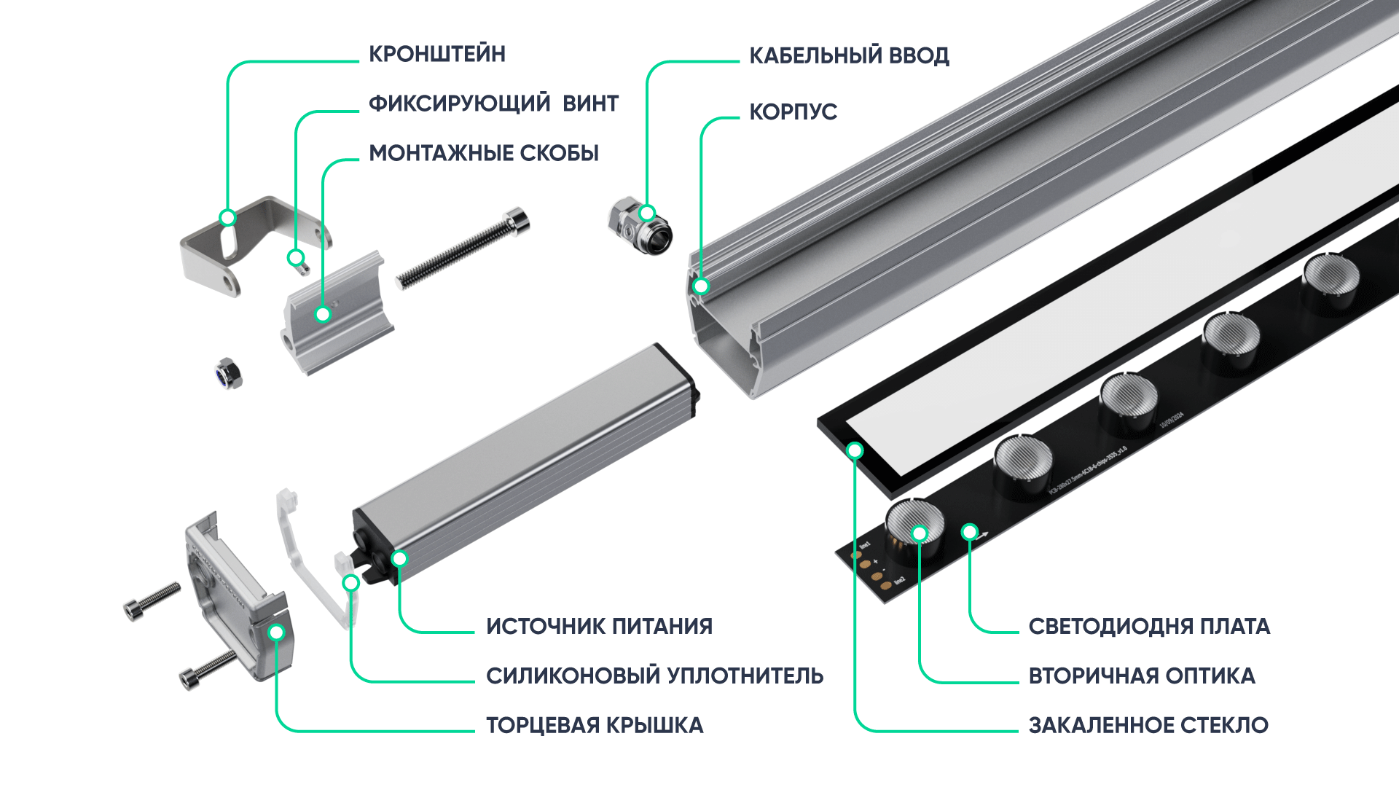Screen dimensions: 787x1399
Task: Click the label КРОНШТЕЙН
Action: click(x=436, y=55)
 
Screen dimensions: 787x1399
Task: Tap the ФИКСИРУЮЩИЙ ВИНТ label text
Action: click(x=493, y=104)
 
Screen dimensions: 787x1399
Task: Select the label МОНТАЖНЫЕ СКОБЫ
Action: click(x=484, y=154)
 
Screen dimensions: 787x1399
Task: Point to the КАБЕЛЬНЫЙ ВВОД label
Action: click(x=849, y=56)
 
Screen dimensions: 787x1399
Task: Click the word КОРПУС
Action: click(x=793, y=112)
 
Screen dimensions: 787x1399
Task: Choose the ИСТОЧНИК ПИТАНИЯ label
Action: click(x=599, y=627)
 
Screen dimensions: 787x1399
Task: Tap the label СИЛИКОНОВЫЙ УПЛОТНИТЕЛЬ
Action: click(x=654, y=676)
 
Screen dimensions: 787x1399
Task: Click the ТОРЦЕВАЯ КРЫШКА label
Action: click(x=595, y=726)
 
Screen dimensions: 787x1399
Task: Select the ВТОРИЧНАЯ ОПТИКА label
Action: click(x=1141, y=676)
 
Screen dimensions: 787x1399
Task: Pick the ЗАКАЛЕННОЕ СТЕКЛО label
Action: click(x=1148, y=726)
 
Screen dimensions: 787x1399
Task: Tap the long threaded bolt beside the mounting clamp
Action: click(x=463, y=248)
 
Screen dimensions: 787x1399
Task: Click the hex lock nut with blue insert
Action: click(x=228, y=373)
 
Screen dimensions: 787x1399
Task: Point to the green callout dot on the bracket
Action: click(x=228, y=218)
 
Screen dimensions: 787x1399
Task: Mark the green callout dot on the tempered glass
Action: click(x=855, y=451)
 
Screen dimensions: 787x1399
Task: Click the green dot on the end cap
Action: click(x=276, y=633)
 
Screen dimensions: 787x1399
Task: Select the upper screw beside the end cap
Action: click(x=152, y=601)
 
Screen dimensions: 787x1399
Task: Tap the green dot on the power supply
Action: click(x=399, y=559)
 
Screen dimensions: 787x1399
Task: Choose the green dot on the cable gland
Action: click(x=647, y=214)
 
